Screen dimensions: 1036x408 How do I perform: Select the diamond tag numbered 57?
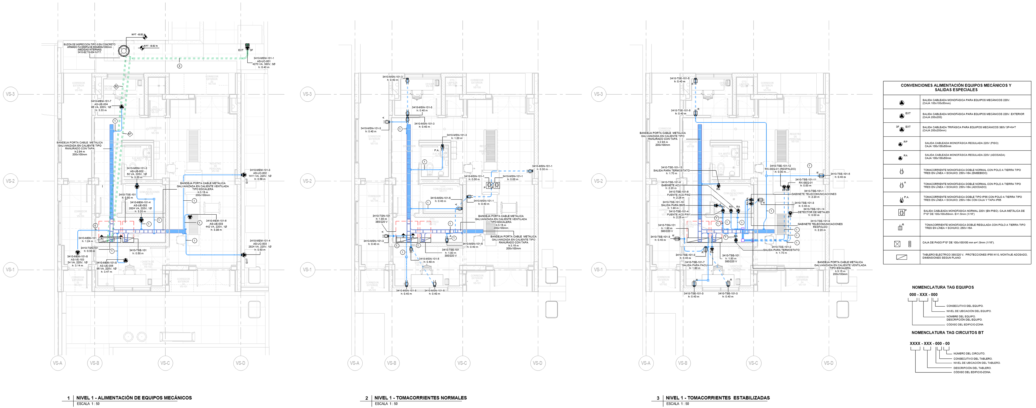129,134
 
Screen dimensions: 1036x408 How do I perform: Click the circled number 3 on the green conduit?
179,66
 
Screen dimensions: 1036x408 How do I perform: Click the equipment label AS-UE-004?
101,104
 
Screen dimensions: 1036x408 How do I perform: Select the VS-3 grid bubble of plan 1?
10,94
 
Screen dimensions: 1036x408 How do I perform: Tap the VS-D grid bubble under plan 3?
829,363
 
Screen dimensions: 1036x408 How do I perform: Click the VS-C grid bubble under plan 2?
462,363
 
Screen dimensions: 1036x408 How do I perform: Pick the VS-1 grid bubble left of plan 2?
307,269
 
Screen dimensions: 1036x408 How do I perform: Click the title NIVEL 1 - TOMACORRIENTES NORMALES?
420,397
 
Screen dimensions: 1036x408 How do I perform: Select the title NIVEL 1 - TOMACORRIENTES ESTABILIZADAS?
717,397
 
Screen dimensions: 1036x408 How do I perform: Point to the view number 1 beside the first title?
68,398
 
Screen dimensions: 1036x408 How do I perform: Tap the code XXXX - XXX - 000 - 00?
929,344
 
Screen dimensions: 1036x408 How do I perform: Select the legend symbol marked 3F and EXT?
901,129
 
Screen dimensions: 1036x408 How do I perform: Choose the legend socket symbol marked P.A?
902,199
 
